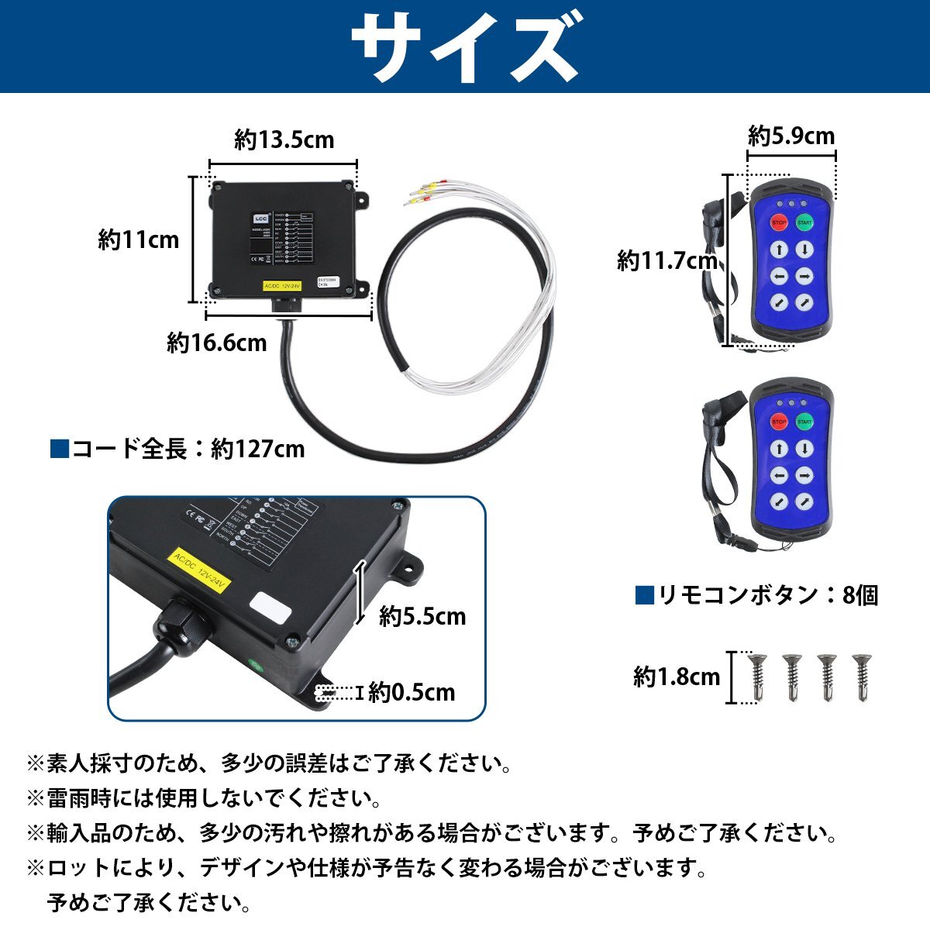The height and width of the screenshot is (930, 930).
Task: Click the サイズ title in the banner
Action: [x=465, y=48]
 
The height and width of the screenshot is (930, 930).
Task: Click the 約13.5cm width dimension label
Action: [x=284, y=140]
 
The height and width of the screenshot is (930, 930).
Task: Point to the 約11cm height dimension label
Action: [x=138, y=240]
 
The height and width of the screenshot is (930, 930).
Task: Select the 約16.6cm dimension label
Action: [x=217, y=343]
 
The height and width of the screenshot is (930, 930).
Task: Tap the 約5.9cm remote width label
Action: [x=791, y=137]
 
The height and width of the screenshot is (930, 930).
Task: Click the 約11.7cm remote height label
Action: [x=666, y=261]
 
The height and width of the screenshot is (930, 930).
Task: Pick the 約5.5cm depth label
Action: [x=422, y=617]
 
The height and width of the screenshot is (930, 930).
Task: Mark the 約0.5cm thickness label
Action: [x=412, y=692]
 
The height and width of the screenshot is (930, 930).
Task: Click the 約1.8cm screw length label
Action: [x=677, y=677]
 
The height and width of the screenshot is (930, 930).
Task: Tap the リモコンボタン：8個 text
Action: [x=756, y=595]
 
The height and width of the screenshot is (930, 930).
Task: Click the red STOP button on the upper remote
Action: [x=779, y=223]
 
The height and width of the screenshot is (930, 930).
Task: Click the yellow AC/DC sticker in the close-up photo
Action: [x=198, y=571]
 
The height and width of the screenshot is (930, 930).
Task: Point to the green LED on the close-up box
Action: [x=253, y=663]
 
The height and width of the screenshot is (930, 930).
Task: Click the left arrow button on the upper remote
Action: [x=780, y=275]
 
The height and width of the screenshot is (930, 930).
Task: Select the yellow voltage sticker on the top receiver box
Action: [x=281, y=284]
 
